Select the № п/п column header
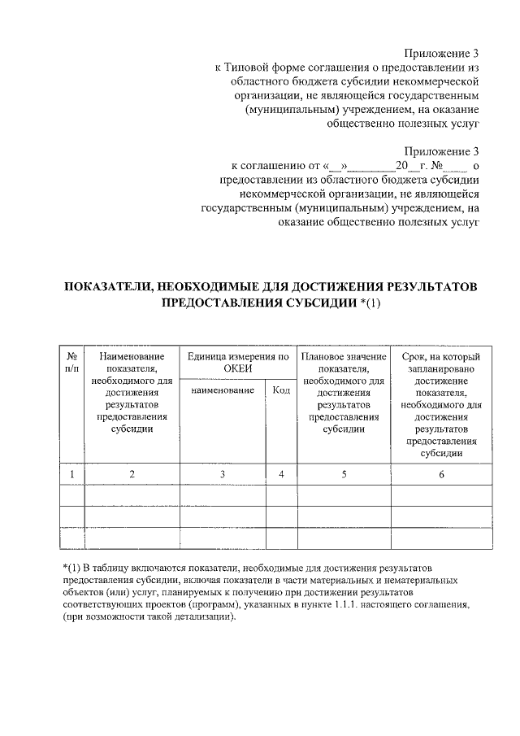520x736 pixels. pyautogui.click(x=72, y=363)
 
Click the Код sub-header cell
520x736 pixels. pyautogui.click(x=281, y=390)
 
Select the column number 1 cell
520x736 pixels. pyautogui.click(x=72, y=474)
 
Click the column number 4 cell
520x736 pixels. pyautogui.click(x=281, y=474)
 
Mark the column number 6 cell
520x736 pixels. pyautogui.click(x=441, y=474)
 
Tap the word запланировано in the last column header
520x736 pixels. pyautogui.click(x=441, y=368)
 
